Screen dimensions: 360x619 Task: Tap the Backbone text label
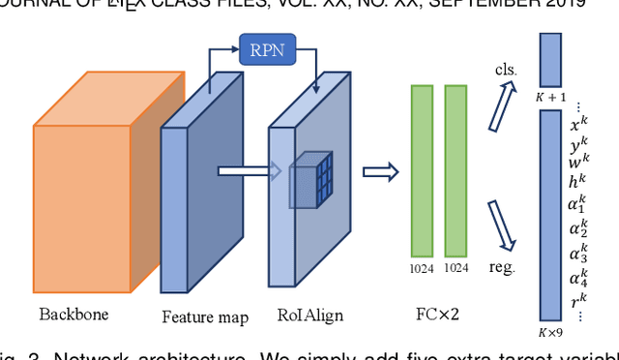click(x=74, y=315)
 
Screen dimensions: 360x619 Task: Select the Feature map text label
click(x=204, y=316)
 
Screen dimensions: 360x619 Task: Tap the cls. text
click(x=505, y=71)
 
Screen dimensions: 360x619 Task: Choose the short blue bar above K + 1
click(x=550, y=59)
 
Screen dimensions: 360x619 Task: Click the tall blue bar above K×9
click(x=550, y=215)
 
